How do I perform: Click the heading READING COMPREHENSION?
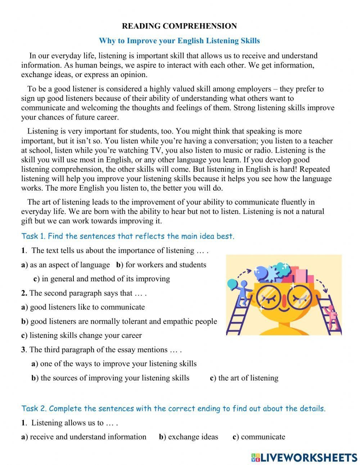(x=179, y=26)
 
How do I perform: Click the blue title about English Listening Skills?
(x=179, y=41)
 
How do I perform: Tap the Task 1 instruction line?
(x=128, y=236)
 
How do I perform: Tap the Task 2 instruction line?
(x=173, y=408)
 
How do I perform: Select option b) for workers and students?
(x=161, y=265)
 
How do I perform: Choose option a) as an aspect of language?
(x=66, y=265)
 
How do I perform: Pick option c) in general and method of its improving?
(x=102, y=279)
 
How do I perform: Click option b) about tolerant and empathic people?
(x=119, y=321)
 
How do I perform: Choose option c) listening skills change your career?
(x=81, y=335)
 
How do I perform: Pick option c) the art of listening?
(x=244, y=378)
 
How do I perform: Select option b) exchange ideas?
(x=189, y=437)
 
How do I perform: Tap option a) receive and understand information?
(x=84, y=437)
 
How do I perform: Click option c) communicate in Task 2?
(x=259, y=437)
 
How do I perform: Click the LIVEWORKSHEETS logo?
(x=304, y=457)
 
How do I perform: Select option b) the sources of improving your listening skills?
(x=110, y=378)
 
